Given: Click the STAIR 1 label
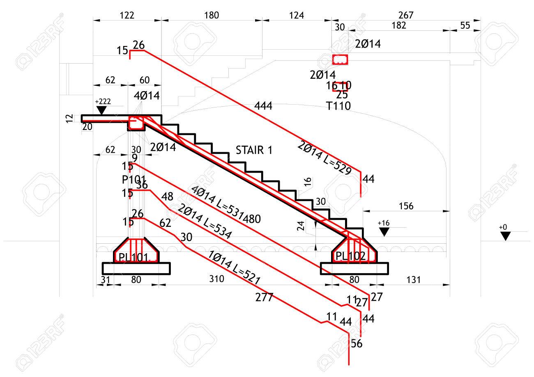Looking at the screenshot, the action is tap(254, 150).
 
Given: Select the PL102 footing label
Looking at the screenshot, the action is tap(350, 256).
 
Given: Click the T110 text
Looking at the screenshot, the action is tap(338, 106).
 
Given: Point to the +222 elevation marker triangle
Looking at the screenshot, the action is tap(101, 110).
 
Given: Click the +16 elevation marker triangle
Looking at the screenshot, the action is tap(384, 232).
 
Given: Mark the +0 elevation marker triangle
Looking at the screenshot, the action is tap(505, 236).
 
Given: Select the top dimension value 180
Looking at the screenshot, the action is tap(211, 15).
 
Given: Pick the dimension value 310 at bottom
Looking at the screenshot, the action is tap(216, 279).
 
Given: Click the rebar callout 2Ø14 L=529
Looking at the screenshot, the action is tap(325, 158).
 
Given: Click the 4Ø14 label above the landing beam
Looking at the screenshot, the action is tap(147, 96).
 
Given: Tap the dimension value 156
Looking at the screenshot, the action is tap(406, 206).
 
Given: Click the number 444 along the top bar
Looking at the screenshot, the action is tap(263, 106).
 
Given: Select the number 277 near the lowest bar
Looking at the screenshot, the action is tap(264, 297).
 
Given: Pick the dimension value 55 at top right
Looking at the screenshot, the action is tap(465, 25).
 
